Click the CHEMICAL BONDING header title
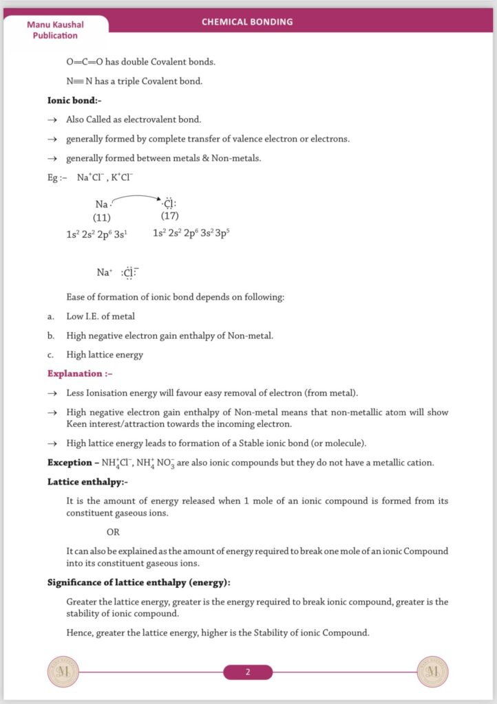pyautogui.click(x=247, y=21)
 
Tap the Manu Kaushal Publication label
pyautogui.click(x=55, y=30)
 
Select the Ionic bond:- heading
pyautogui.click(x=74, y=100)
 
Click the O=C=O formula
pyautogui.click(x=85, y=61)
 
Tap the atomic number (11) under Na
pyautogui.click(x=102, y=217)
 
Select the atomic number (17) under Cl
pyautogui.click(x=169, y=217)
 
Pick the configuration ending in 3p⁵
pyautogui.click(x=191, y=234)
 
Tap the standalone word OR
pyautogui.click(x=113, y=531)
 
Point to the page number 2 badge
pyautogui.click(x=248, y=672)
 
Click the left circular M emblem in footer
pyautogui.click(x=63, y=671)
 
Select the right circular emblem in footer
pyautogui.click(x=433, y=671)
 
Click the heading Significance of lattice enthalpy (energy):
pyautogui.click(x=138, y=582)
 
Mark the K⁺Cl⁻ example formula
pyautogui.click(x=121, y=177)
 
